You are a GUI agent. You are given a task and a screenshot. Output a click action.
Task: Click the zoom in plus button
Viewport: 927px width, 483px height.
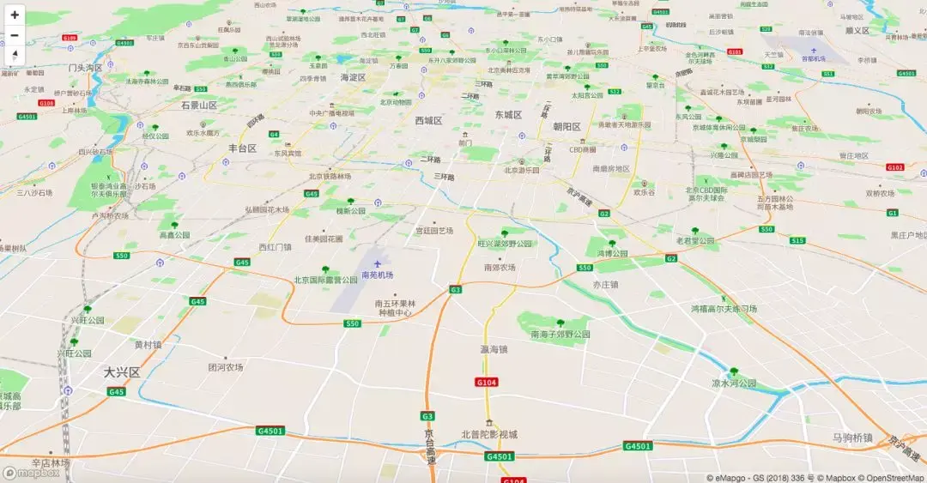[x=15, y=15]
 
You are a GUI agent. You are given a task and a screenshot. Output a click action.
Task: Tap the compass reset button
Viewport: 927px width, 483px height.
[x=15, y=55]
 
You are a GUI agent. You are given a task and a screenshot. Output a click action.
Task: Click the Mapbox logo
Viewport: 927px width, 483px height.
[x=32, y=473]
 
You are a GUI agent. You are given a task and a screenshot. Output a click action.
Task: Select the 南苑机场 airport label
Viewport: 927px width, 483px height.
[x=378, y=275]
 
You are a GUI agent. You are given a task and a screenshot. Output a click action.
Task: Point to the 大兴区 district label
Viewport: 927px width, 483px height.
[x=121, y=372]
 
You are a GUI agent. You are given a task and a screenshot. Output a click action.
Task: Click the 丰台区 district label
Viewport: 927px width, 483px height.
[x=243, y=148]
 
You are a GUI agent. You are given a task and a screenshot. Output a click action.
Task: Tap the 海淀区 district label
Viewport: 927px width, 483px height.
[x=353, y=77]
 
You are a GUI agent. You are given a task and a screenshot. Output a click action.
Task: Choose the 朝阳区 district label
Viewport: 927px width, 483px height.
[x=566, y=127]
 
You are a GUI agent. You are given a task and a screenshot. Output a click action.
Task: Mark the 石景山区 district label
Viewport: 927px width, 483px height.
[x=200, y=105]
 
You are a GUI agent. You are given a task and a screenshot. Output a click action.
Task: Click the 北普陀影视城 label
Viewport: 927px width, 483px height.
[x=489, y=434]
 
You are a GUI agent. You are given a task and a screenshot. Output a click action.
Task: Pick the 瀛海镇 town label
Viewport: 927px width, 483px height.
[x=494, y=349]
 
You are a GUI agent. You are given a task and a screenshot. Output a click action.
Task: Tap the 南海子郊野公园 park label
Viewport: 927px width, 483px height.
[x=560, y=334]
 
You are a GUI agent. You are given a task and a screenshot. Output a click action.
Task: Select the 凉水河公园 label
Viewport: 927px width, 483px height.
[x=734, y=383]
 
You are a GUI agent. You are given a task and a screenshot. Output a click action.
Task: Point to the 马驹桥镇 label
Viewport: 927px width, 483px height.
[x=852, y=438]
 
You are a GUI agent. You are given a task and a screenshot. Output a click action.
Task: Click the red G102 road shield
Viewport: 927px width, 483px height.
[x=895, y=167]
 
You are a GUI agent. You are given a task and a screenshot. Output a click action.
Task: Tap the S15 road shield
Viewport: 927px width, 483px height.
[x=797, y=240]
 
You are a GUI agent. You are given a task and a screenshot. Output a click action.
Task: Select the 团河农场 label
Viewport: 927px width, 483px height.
[x=226, y=366]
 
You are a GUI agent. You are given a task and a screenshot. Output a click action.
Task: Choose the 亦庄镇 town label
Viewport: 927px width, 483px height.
[x=606, y=283]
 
